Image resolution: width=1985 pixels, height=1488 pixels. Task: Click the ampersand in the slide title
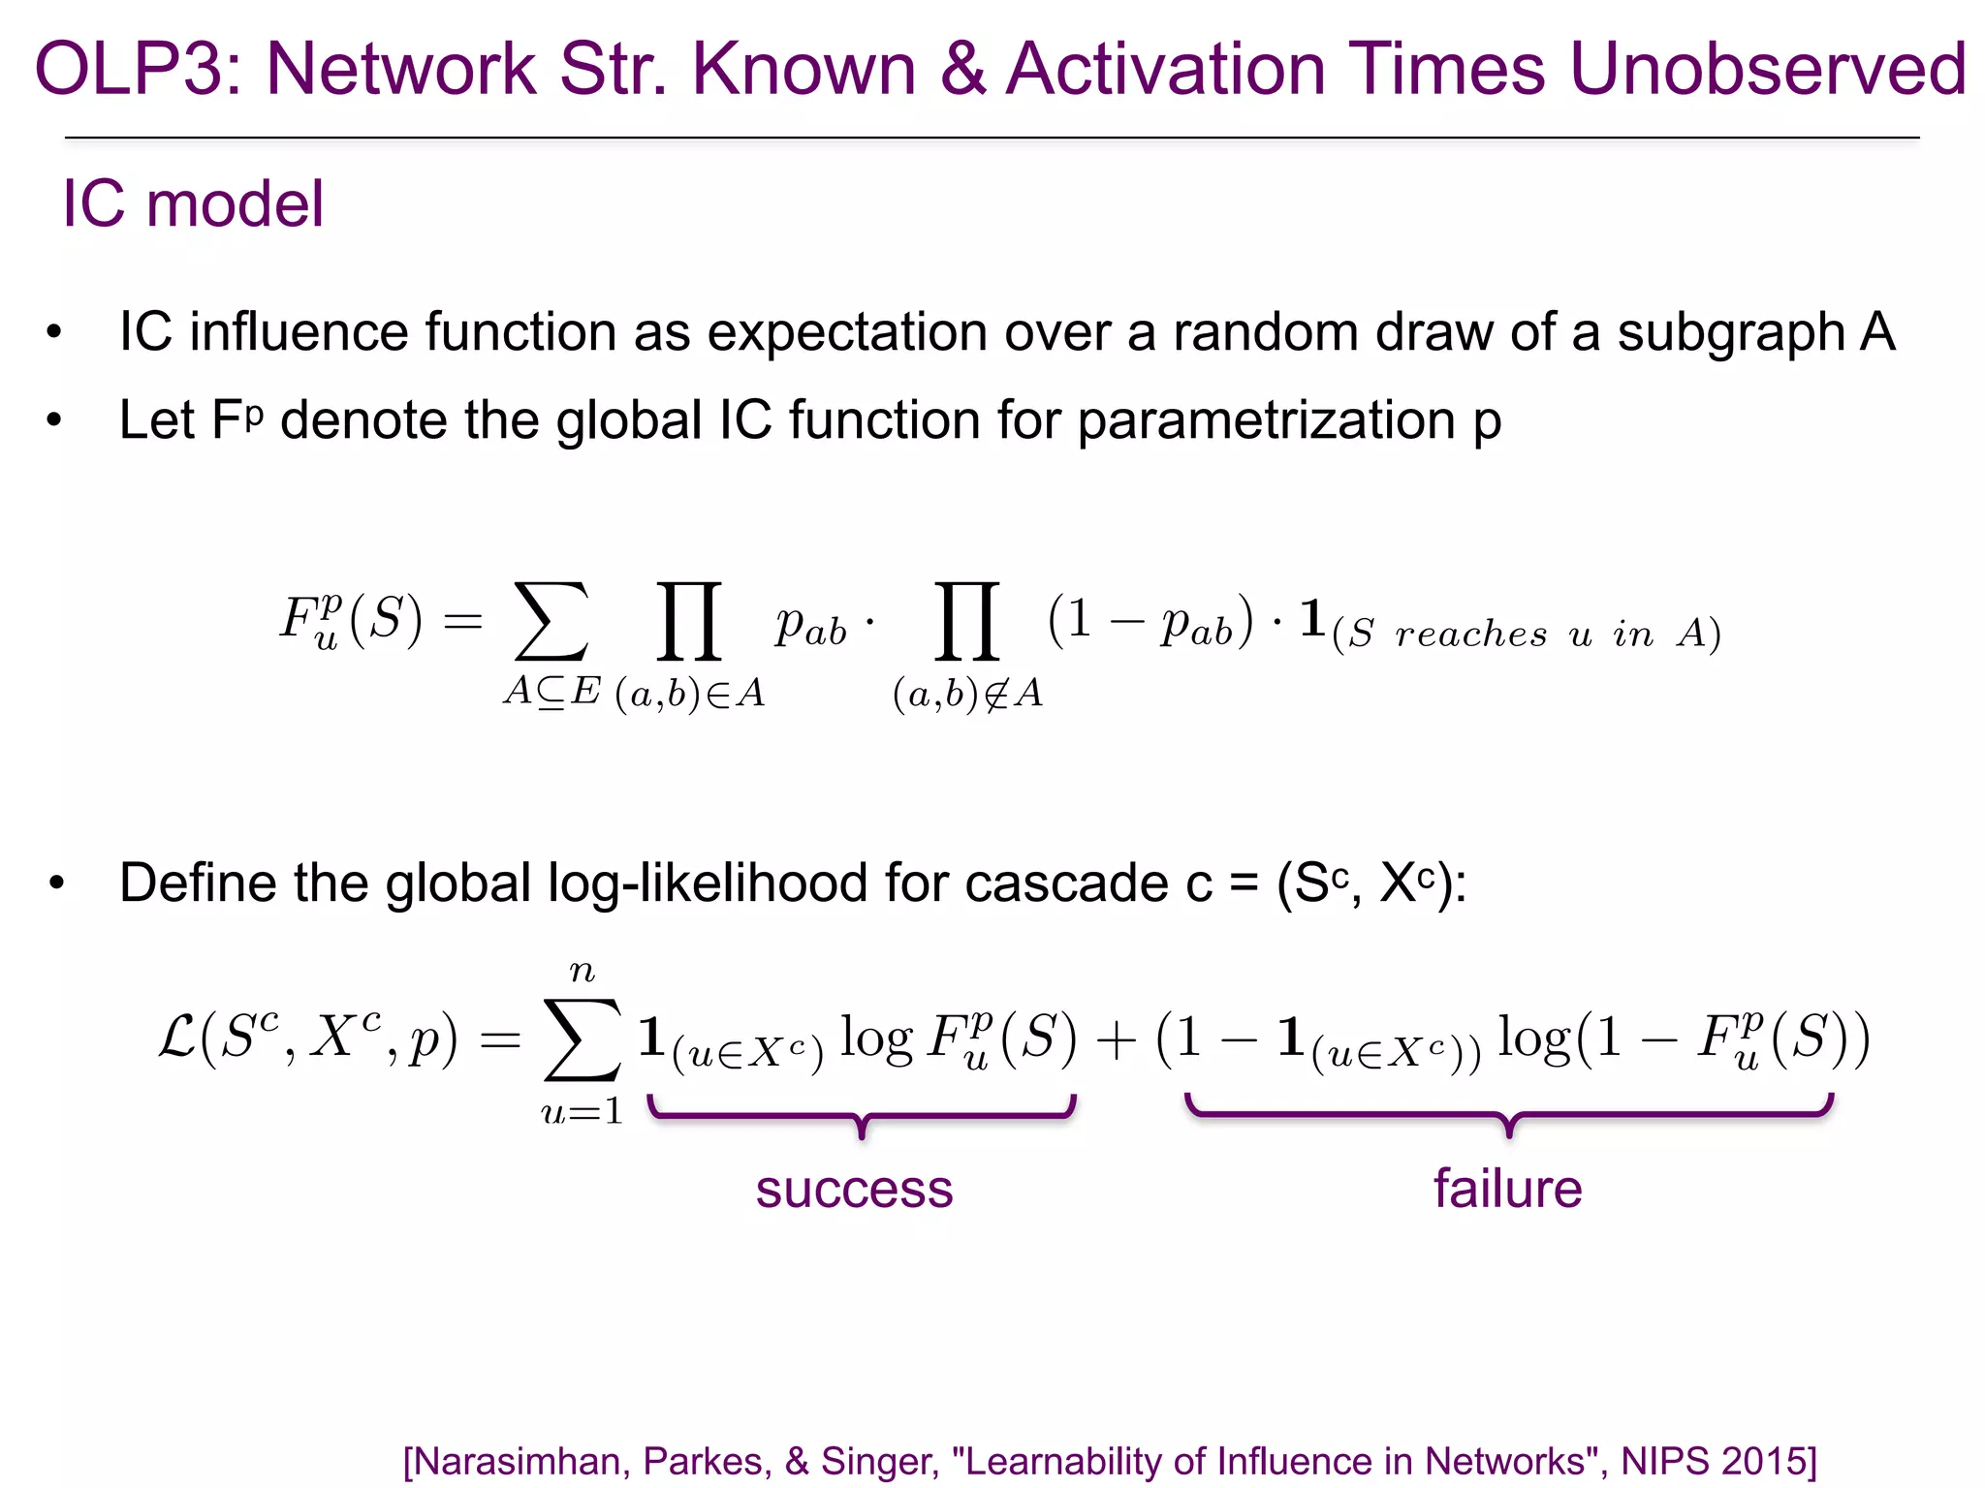[x=962, y=70]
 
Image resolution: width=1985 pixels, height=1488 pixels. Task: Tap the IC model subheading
[x=193, y=204]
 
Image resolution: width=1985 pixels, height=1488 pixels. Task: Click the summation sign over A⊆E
[x=551, y=621]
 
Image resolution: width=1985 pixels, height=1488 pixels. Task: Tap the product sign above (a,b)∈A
[x=689, y=621]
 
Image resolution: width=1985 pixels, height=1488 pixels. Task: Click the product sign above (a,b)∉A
[x=967, y=621]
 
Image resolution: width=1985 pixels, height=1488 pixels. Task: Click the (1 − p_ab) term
[x=1150, y=621]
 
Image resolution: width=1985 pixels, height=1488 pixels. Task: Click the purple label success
[x=854, y=1189]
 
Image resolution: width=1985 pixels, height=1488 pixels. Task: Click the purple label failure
[x=1507, y=1189]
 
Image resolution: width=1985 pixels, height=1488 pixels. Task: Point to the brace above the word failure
[x=1509, y=1115]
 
